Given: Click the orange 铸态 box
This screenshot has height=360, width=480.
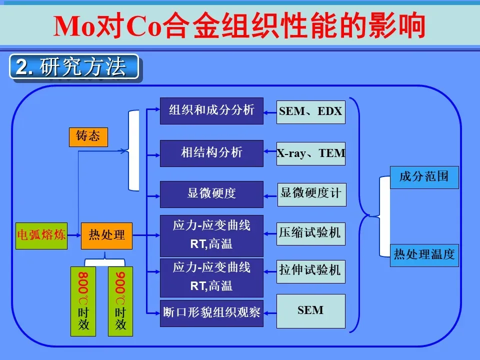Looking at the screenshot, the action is [x=88, y=136].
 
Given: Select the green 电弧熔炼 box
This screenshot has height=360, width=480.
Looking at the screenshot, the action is [x=41, y=235].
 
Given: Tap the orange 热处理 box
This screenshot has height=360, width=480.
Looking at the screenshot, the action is [x=106, y=235].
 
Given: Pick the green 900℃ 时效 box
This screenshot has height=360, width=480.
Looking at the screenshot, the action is [x=121, y=301].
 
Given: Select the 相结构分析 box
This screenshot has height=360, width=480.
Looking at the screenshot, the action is [x=211, y=153].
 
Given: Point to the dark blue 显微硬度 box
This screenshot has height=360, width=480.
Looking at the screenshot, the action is [x=211, y=194].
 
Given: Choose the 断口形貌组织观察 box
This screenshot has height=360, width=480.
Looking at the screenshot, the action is [x=211, y=313].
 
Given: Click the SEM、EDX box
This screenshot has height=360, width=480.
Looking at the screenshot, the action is [x=311, y=111].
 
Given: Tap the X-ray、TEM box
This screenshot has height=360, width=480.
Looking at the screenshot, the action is [x=311, y=153].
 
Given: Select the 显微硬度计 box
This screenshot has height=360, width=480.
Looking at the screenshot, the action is [x=311, y=194].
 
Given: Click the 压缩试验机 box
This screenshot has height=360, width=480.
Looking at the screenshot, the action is [x=310, y=232].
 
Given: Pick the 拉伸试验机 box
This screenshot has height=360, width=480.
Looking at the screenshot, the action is [x=310, y=270].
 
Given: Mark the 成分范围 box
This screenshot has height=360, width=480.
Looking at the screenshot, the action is [x=424, y=176].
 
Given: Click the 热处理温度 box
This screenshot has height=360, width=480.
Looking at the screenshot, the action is [x=424, y=254].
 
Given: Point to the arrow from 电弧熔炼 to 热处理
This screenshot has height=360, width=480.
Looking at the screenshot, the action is [x=74, y=235].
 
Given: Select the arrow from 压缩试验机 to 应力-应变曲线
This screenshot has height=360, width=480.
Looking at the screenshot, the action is [x=270, y=233].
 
